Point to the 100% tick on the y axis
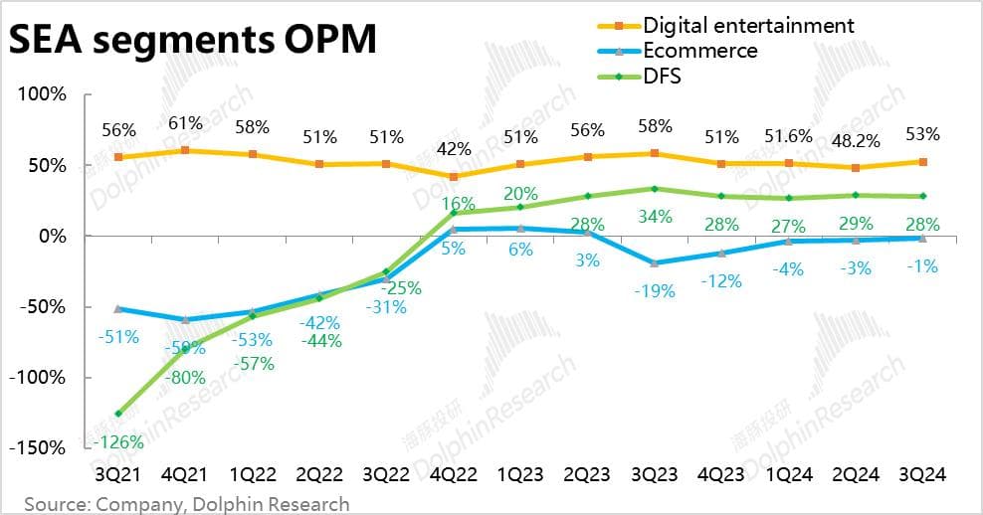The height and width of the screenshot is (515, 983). [x=40, y=94]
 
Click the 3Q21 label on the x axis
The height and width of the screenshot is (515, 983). [x=118, y=475]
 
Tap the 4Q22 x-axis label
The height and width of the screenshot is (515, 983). [x=453, y=475]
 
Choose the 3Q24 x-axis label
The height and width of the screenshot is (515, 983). [x=921, y=475]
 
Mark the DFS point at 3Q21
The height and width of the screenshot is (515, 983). [x=118, y=414]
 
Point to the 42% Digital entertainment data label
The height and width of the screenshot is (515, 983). [x=453, y=149]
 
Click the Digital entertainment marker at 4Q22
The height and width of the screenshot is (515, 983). [x=453, y=177]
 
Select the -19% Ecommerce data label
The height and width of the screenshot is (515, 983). [x=654, y=291]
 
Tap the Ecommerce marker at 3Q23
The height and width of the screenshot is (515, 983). [x=654, y=263]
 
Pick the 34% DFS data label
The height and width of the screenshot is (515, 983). [x=654, y=217]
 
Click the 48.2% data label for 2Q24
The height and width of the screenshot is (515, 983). [x=855, y=136]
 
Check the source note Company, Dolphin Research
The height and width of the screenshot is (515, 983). [x=187, y=504]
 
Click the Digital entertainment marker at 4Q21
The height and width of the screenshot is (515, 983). [x=185, y=150]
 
